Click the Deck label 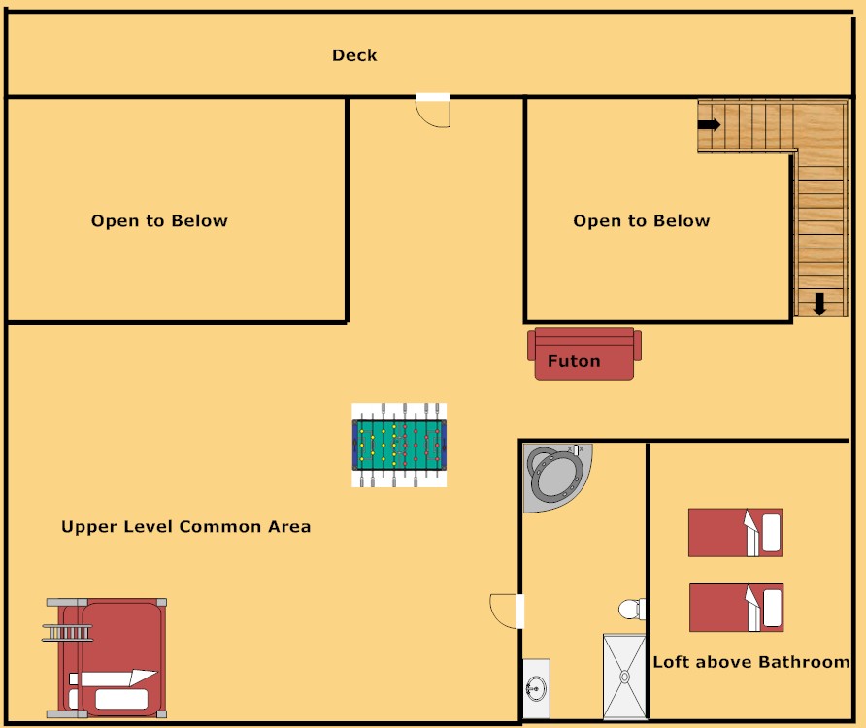coord(354,55)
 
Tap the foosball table coord(399,445)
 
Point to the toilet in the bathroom coord(632,610)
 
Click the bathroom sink coord(536,688)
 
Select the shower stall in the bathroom coord(624,677)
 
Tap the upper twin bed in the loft coord(735,532)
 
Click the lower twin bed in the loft coord(735,607)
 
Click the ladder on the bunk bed coord(66,633)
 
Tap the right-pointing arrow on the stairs coord(710,124)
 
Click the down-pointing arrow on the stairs coord(819,304)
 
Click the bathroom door coord(507,611)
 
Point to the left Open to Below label coord(159,221)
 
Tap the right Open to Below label coord(641,221)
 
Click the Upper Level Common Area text coord(185,527)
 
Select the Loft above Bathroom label coord(750,662)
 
